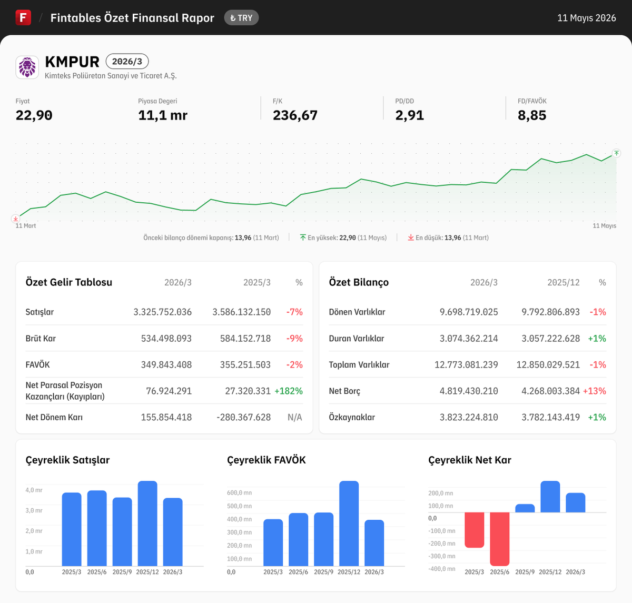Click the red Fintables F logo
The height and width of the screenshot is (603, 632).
23,17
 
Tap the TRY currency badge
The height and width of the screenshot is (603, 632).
241,18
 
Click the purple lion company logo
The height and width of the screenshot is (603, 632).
27,67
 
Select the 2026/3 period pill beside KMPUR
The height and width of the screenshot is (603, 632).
127,62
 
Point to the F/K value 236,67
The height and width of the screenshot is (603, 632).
295,115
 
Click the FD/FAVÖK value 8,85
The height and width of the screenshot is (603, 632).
532,115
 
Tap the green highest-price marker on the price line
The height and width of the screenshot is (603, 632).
616,153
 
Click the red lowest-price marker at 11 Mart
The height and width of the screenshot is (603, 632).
15,219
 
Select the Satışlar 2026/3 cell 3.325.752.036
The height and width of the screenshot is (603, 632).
162,312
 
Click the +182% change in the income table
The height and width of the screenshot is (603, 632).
289,391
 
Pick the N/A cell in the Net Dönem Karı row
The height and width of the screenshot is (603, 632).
295,417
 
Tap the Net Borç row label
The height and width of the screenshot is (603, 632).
344,391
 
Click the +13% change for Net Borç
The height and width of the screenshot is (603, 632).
595,391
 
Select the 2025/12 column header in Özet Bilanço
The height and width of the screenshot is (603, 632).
563,282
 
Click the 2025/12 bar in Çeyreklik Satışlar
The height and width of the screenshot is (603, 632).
147,523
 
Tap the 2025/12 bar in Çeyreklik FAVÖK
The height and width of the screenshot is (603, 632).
349,523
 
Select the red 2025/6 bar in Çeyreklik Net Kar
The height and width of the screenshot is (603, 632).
500,539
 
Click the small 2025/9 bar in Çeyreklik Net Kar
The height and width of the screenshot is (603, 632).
525,508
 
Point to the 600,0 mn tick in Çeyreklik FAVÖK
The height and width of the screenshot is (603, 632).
239,493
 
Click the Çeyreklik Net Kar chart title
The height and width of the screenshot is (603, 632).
470,460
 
